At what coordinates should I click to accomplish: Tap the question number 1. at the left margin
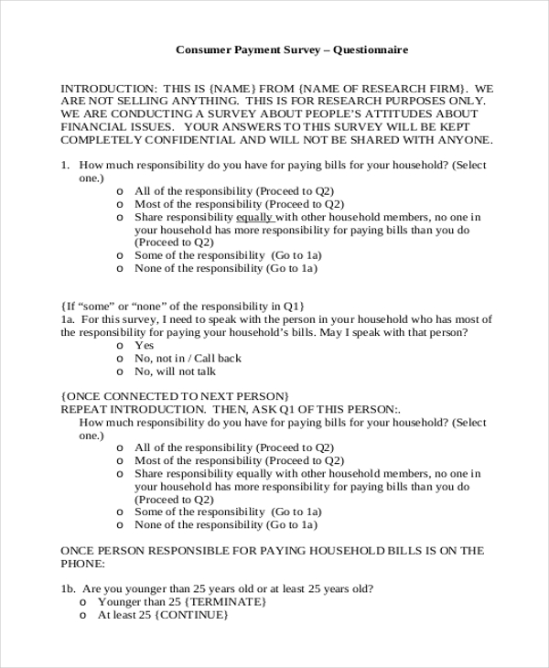[66, 166]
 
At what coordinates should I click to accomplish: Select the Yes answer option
[144, 346]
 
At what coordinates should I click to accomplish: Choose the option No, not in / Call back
[188, 359]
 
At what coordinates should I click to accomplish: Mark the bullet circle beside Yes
[121, 347]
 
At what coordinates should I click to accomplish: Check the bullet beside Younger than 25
[83, 602]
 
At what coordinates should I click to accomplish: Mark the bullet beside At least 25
[83, 615]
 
